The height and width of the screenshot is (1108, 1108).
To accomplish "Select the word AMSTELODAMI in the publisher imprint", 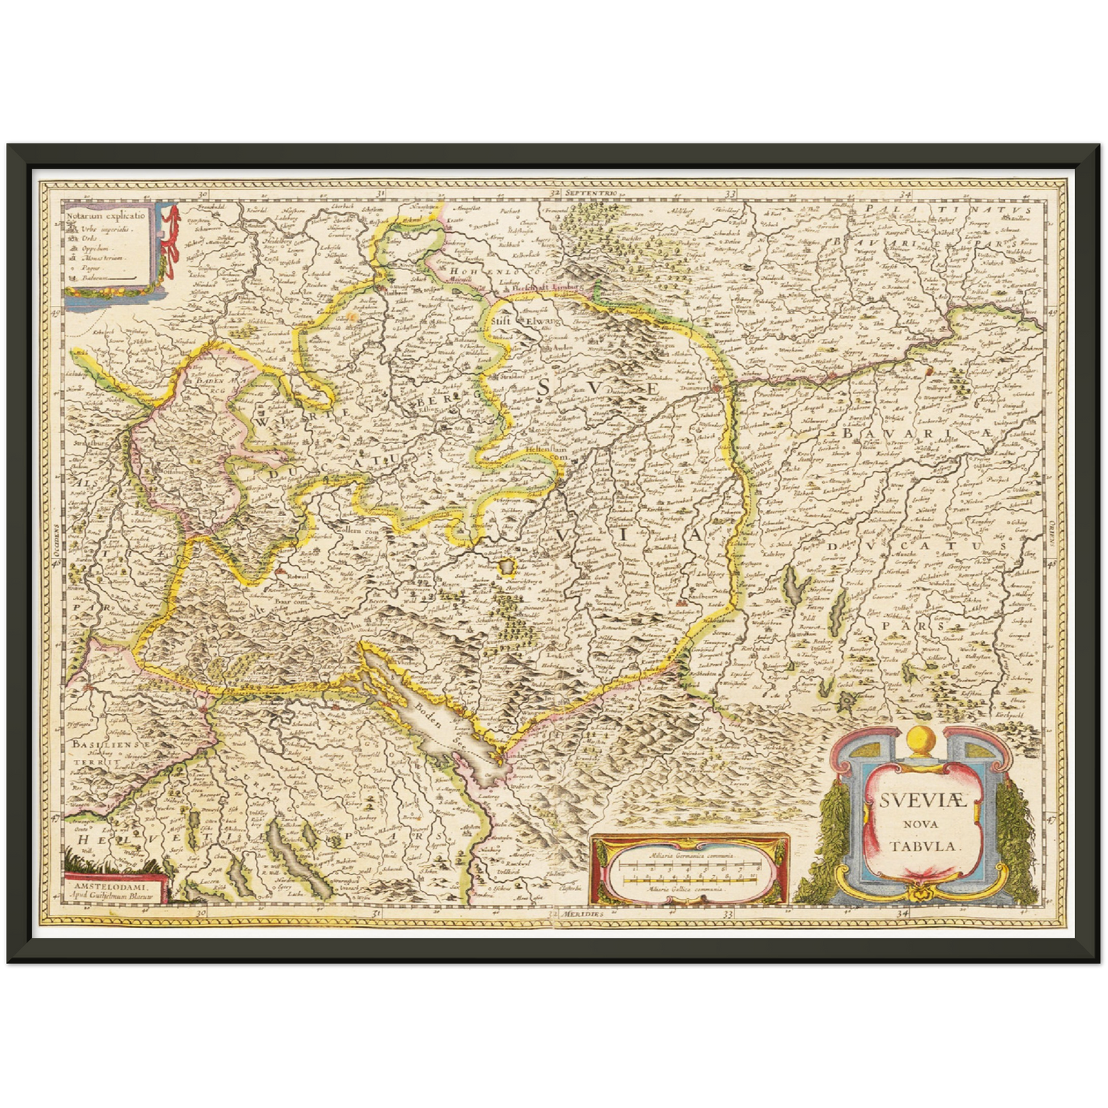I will [x=110, y=886].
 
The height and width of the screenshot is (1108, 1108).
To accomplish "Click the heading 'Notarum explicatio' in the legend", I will [x=106, y=216].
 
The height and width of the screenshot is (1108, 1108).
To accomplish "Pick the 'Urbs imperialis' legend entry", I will [x=107, y=229].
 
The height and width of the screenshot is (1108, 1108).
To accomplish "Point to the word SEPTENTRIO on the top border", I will [x=591, y=192].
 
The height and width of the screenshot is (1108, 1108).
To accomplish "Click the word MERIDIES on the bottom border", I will [x=581, y=915].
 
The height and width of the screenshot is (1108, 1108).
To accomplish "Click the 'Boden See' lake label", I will [x=432, y=714].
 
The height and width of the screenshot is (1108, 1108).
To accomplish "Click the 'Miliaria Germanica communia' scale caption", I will [x=689, y=854].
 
